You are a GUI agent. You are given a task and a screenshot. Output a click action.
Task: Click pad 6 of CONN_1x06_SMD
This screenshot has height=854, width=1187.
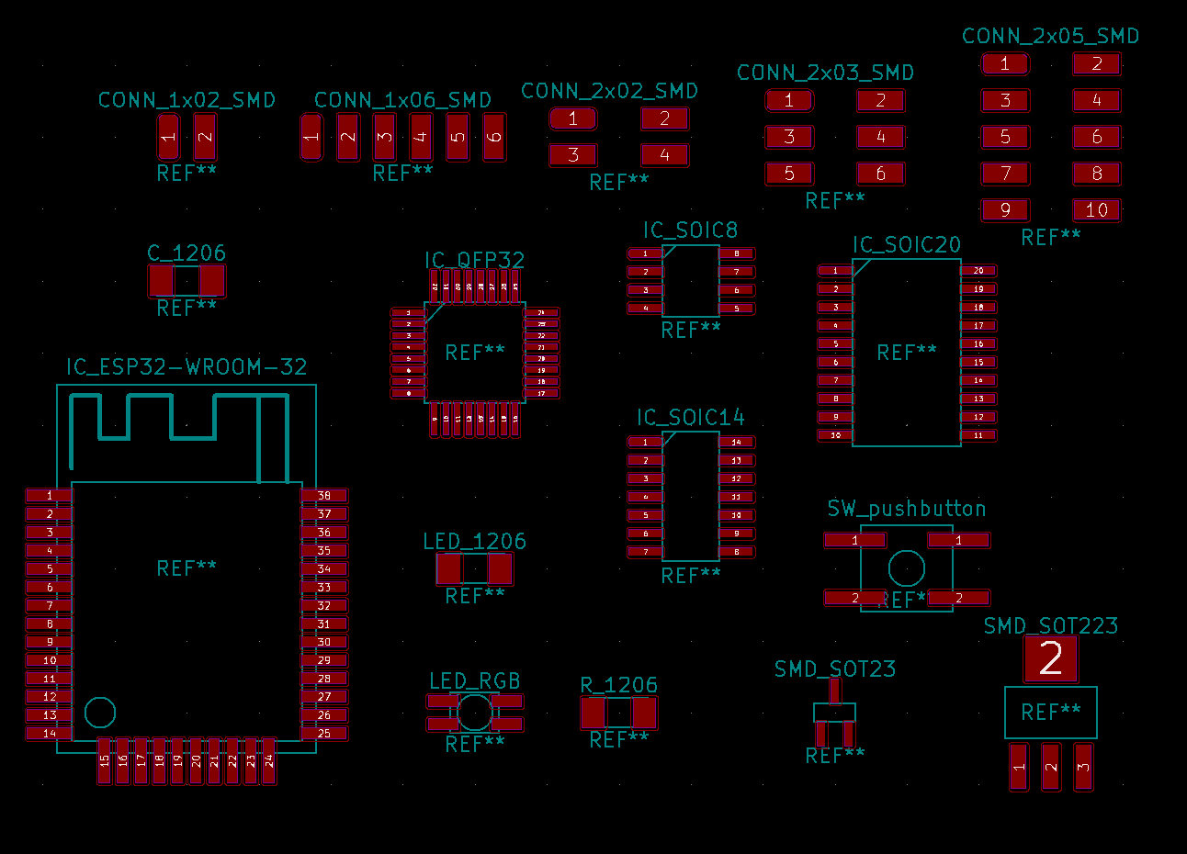494,138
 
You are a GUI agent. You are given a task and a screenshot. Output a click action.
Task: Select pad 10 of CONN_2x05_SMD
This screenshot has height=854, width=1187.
1097,210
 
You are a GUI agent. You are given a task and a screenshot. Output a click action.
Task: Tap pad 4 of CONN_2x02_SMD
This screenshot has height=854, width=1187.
665,155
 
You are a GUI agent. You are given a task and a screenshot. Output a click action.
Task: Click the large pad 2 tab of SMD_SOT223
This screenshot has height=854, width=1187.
1051,658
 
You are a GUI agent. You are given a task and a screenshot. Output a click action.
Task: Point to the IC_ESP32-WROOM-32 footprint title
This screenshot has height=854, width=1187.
187,367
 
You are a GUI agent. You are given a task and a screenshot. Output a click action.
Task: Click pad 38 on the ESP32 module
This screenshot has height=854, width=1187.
324,496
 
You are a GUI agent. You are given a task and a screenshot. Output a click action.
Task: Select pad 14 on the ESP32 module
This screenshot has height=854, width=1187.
50,733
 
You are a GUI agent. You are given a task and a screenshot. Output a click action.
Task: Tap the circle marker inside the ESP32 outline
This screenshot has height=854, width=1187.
100,713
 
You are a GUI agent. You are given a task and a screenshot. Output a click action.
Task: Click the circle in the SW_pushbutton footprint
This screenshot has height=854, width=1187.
906,569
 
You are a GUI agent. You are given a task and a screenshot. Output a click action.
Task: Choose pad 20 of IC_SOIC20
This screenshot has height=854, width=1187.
978,271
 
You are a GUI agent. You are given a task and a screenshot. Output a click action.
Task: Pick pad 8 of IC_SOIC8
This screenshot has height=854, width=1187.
737,253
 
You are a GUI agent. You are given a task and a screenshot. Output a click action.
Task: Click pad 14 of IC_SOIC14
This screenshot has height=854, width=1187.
737,442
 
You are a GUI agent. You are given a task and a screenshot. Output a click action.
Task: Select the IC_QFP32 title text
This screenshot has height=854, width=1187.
474,261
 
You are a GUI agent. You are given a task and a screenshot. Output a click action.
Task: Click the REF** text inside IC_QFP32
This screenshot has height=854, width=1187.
475,353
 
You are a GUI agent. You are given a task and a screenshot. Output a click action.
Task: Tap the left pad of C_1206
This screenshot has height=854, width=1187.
162,281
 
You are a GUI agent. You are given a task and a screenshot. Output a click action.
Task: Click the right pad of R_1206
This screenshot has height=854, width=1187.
644,713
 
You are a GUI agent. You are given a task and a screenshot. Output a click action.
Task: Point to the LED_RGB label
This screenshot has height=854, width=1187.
475,681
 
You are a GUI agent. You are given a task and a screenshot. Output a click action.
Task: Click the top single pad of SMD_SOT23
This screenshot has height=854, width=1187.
835,691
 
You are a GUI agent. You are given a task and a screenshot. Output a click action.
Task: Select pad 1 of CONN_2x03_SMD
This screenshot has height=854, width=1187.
789,100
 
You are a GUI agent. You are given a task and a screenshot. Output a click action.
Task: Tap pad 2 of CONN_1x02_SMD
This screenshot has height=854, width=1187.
205,138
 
